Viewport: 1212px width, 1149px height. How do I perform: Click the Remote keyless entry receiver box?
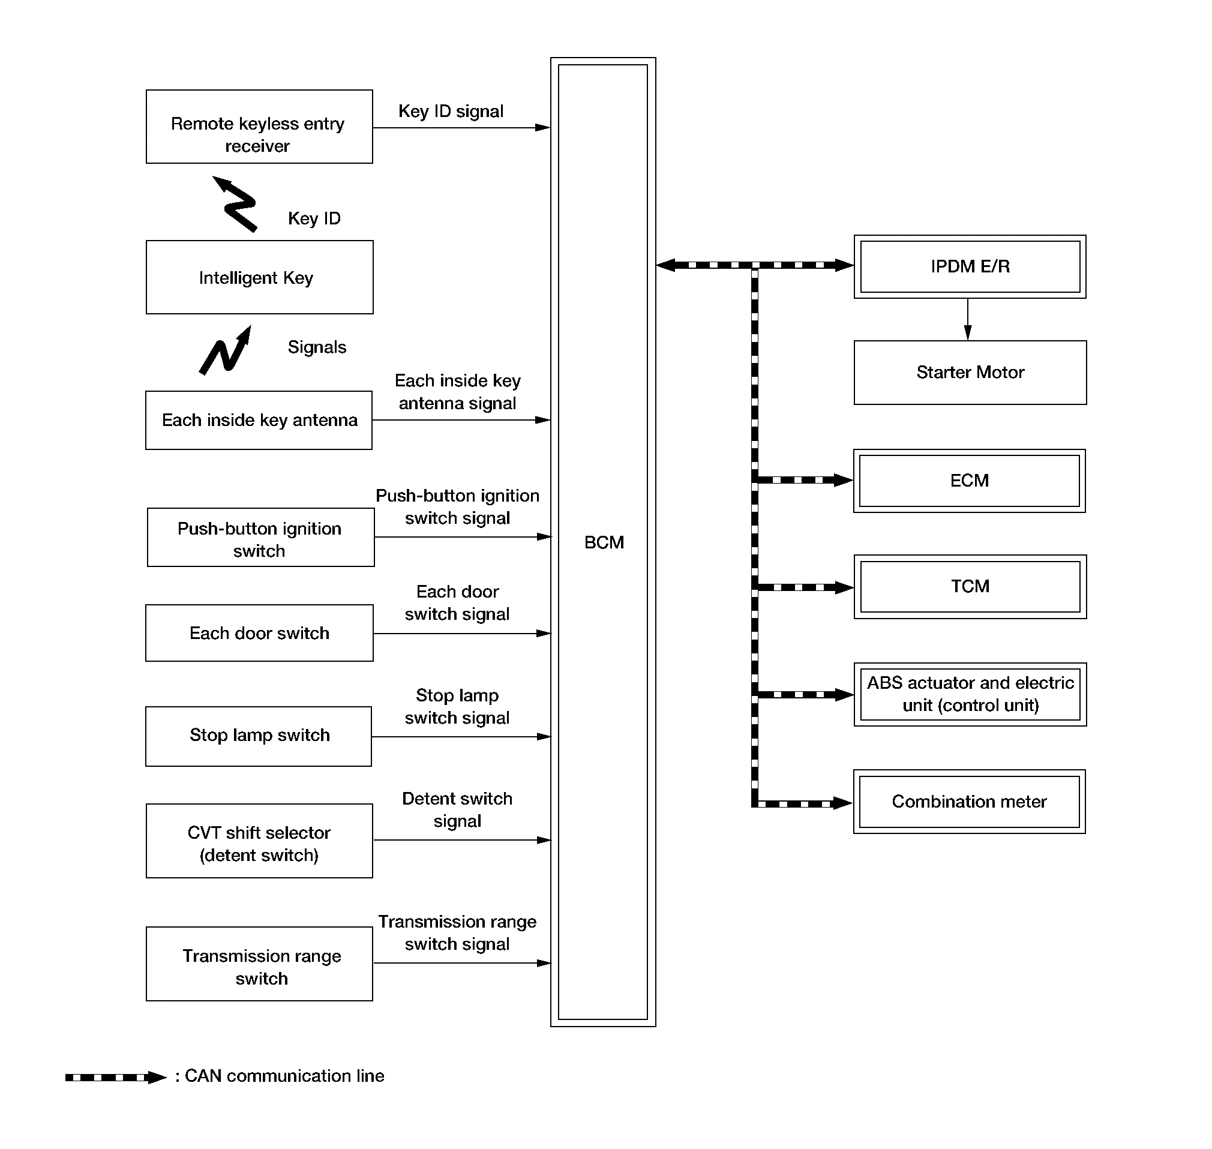tap(259, 127)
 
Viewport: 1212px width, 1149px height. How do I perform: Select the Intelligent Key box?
tap(259, 277)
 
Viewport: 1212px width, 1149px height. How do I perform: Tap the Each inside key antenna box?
tap(259, 420)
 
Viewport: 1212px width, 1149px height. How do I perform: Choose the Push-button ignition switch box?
tap(260, 537)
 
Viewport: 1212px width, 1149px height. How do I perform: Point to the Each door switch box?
tap(259, 632)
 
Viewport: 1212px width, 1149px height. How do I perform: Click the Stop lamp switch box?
tap(259, 736)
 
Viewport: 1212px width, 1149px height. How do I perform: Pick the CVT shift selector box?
tap(259, 841)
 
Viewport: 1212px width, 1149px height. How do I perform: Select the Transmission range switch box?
tap(259, 964)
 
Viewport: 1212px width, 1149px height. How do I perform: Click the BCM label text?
tap(603, 542)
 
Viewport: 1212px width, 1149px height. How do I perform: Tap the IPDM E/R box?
tap(970, 266)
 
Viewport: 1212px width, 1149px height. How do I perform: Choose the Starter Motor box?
tap(970, 373)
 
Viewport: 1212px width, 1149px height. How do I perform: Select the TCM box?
tap(970, 587)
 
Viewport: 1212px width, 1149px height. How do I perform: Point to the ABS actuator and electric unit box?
tap(970, 694)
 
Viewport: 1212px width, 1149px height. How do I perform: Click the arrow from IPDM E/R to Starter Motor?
tap(968, 319)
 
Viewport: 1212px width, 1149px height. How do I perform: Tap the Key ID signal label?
tap(451, 112)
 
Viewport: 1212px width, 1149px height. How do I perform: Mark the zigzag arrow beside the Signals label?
tap(226, 350)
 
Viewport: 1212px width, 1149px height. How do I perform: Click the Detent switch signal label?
tap(457, 809)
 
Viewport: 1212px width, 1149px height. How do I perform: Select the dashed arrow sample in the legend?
tap(115, 1078)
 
